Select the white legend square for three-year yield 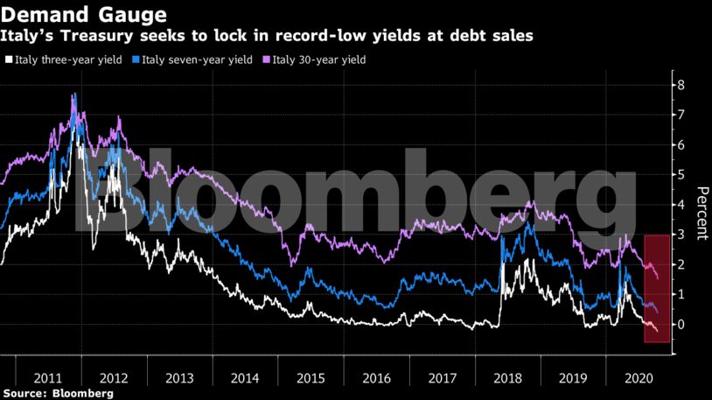[9, 60]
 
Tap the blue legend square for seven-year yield [135, 60]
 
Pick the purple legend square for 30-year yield [265, 60]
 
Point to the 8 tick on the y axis [680, 85]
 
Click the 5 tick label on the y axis [680, 175]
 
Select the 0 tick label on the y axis [680, 325]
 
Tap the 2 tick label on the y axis [680, 265]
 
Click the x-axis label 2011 [47, 380]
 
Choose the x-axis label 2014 [245, 380]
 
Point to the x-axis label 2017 [441, 380]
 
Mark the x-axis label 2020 [639, 380]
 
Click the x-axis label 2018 [507, 380]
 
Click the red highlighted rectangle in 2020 [657, 289]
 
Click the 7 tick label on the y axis [680, 116]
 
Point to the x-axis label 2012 [114, 380]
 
